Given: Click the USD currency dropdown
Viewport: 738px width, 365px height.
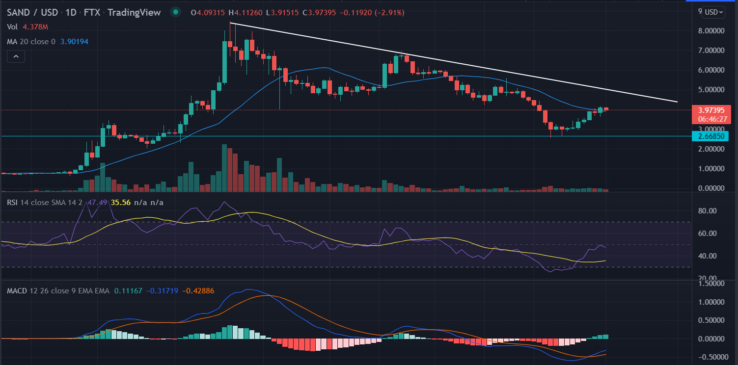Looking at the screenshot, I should [713, 12].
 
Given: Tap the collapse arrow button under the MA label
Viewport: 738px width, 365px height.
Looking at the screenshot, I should [16, 57].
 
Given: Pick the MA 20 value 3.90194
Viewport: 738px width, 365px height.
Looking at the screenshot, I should [75, 42].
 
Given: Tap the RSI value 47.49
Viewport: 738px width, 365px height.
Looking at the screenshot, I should [100, 202].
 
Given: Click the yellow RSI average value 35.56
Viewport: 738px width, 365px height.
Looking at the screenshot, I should [121, 202].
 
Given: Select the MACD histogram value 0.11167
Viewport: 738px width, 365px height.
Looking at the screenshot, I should [128, 291].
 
